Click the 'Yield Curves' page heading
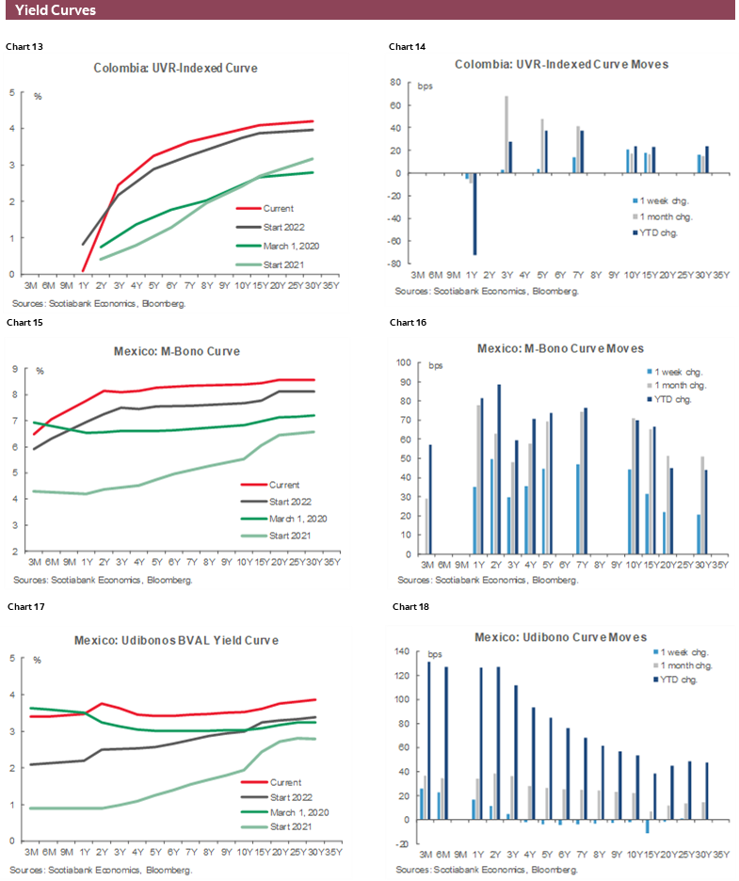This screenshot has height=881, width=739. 56,10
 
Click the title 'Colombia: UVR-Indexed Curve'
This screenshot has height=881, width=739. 175,68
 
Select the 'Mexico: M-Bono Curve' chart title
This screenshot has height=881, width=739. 175,351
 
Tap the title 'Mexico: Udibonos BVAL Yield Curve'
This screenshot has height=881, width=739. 176,640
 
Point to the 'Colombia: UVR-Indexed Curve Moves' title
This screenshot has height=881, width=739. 561,64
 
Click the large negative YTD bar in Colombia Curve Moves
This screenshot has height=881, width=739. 474,214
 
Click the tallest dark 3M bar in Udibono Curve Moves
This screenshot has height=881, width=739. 429,740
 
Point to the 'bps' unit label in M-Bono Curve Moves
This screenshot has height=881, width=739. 435,365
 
